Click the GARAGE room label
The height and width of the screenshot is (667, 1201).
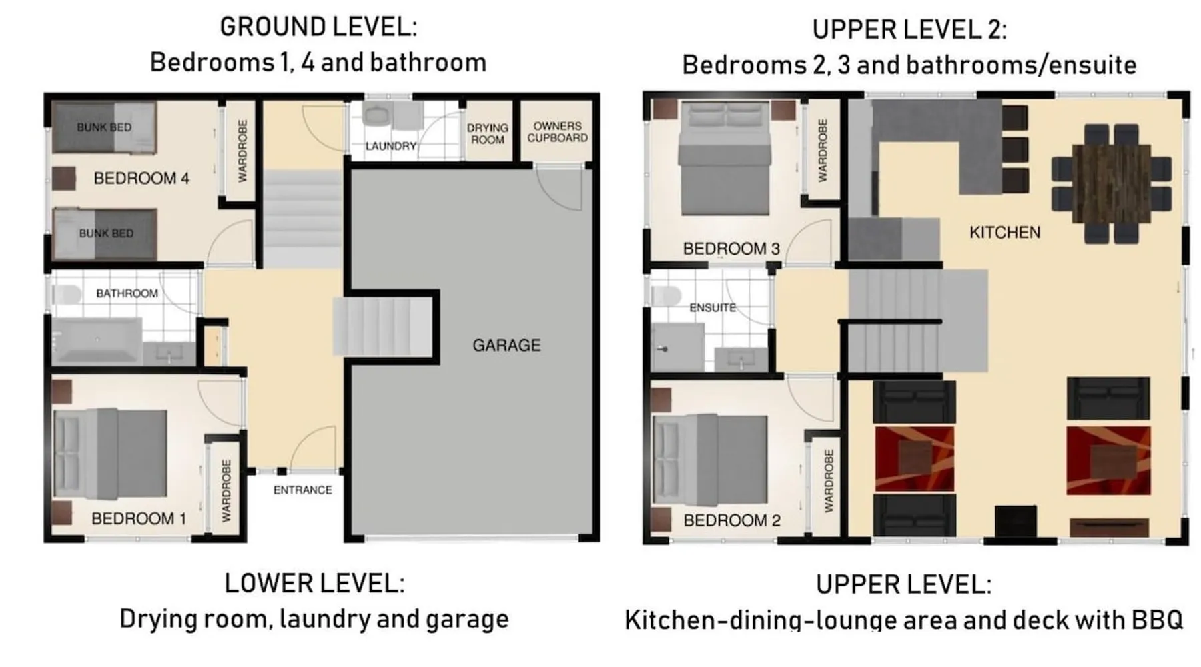pos(506,345)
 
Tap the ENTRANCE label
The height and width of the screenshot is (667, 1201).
pos(302,490)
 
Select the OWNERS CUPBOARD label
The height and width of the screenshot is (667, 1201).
pos(557,131)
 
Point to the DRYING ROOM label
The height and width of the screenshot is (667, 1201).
pos(487,133)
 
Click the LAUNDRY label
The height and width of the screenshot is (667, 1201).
pos(391,146)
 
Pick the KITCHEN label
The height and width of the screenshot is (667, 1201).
pos(1005,232)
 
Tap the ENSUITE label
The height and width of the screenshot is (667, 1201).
pos(713,307)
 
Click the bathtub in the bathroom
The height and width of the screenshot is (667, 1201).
pos(97,340)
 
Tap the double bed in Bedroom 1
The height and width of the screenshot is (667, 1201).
pos(110,454)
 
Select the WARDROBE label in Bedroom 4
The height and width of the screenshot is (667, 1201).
pos(242,151)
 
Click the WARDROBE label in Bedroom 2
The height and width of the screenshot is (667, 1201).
pos(829,480)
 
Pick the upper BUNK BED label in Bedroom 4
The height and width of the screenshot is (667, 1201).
pos(104,127)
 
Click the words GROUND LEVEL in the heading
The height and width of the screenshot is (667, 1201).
pos(318,27)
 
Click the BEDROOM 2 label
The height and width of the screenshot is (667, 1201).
pos(732,520)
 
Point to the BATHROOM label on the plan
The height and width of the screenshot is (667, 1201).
pos(127,293)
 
